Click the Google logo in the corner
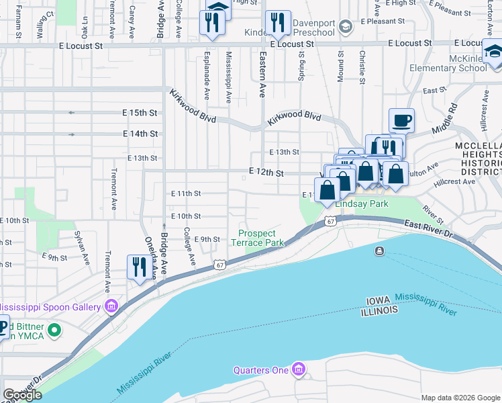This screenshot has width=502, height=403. pos(22,395)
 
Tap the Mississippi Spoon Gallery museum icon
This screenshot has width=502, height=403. pos(111,307)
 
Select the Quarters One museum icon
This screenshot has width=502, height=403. pos(299,369)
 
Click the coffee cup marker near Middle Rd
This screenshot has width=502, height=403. pos(401,121)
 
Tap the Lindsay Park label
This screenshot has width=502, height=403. pos(362,204)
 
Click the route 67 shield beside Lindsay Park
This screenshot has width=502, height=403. pos(330,221)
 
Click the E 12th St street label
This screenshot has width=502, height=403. pos(266,173)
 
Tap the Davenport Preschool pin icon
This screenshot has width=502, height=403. pos(345,27)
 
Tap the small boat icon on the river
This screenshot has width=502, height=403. pos(380,251)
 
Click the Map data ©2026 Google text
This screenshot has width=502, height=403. pos(460,398)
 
